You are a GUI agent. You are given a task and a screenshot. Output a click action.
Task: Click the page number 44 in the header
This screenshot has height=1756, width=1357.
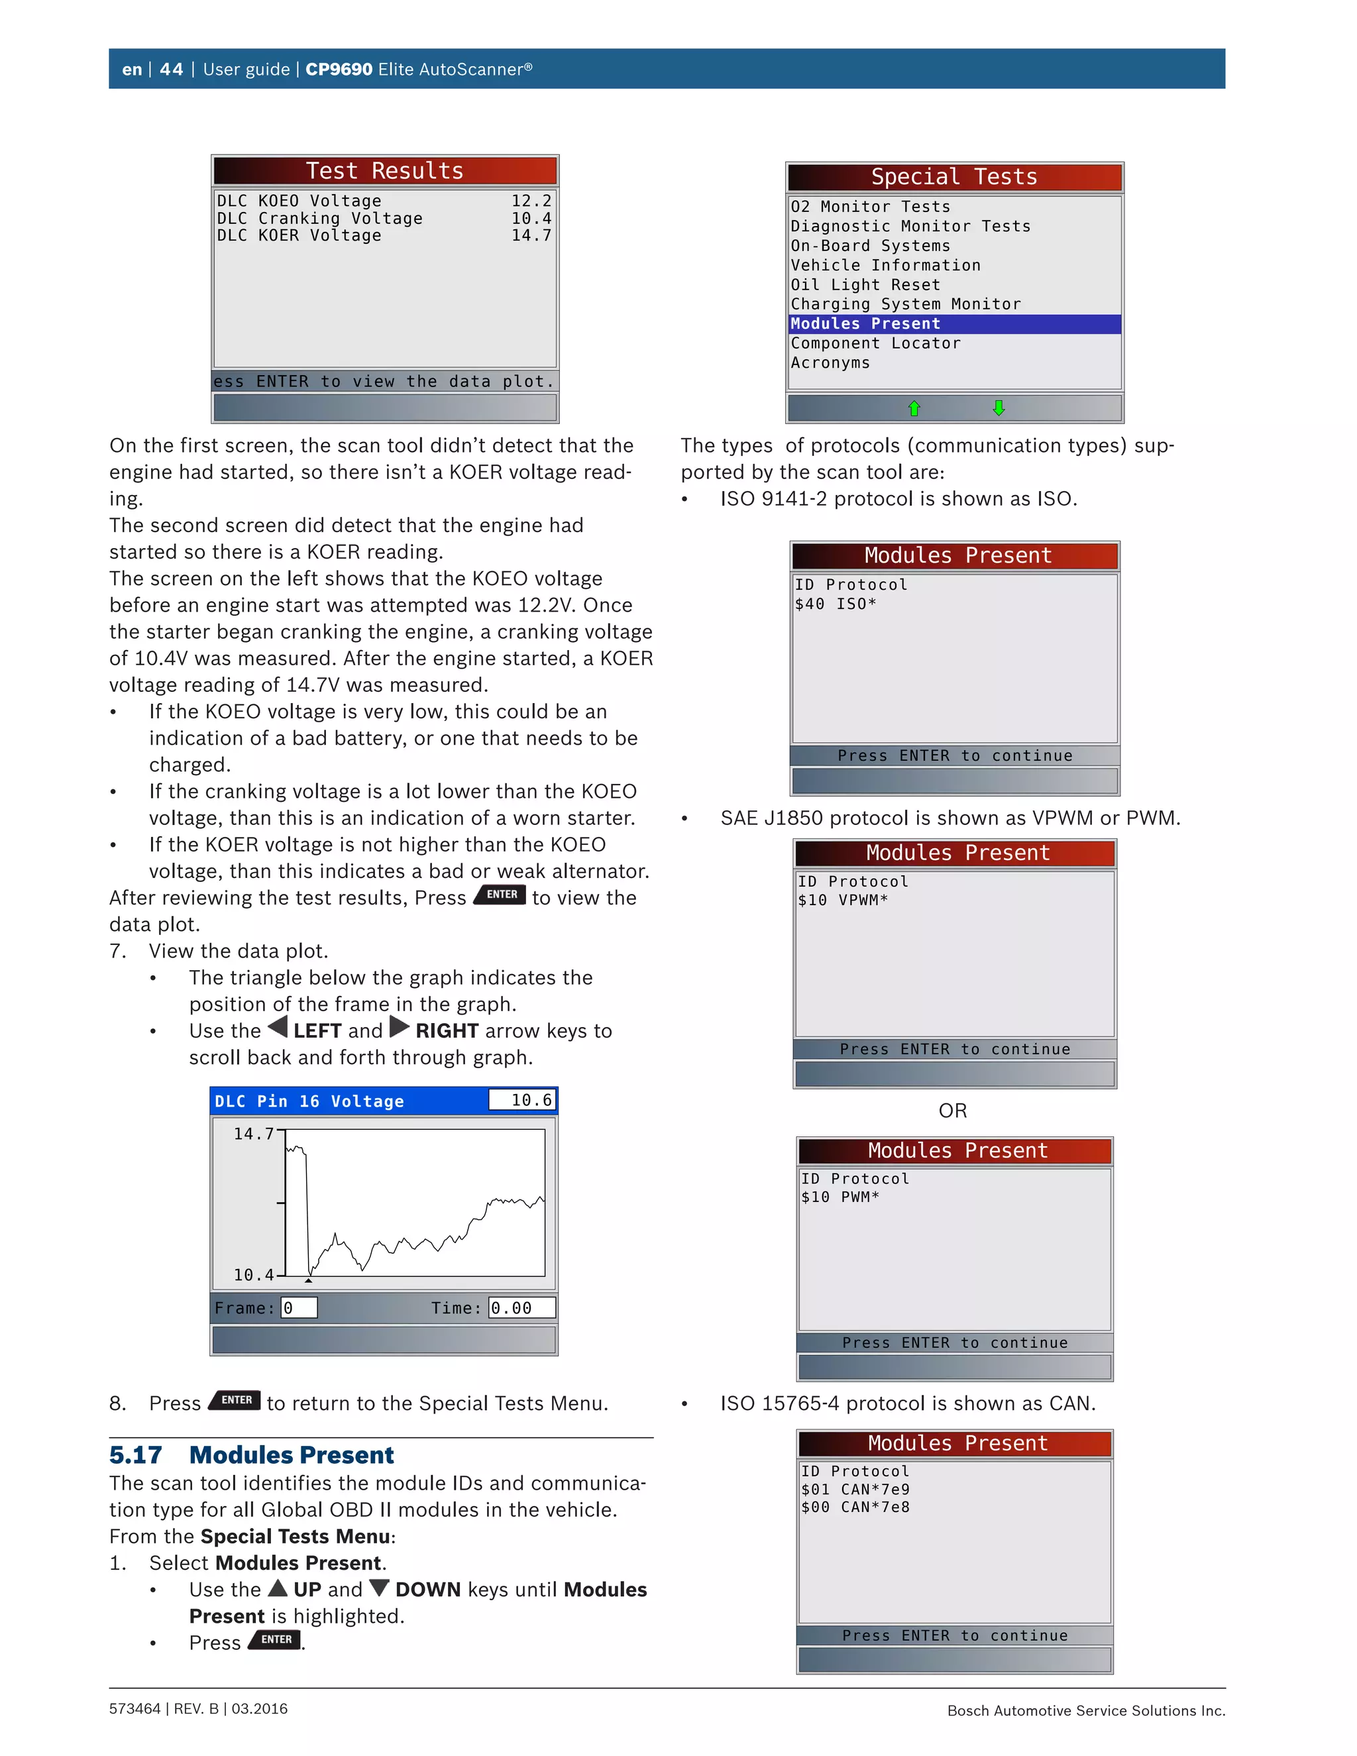click(x=171, y=69)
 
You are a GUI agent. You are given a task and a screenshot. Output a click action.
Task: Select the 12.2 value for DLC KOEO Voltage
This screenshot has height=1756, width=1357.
click(x=531, y=201)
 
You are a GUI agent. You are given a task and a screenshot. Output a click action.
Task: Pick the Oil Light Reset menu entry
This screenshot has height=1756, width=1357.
click(x=865, y=285)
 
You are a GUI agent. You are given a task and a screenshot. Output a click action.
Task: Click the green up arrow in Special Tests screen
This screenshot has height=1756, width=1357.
click(x=914, y=408)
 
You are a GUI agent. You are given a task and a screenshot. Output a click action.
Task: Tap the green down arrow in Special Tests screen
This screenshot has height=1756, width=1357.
click(x=999, y=408)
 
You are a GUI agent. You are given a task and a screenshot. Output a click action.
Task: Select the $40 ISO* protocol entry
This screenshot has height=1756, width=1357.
click(x=836, y=604)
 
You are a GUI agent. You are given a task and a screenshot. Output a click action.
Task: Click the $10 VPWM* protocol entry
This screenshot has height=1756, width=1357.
click(x=843, y=901)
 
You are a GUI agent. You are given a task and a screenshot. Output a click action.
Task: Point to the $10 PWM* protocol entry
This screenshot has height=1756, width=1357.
click(x=840, y=1197)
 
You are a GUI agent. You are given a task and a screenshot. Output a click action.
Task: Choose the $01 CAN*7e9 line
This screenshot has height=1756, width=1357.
click(x=855, y=1489)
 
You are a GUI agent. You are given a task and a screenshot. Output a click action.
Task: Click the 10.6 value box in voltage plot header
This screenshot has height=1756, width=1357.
click(x=521, y=1100)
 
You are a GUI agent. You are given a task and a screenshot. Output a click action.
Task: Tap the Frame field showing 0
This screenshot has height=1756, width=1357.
click(x=298, y=1308)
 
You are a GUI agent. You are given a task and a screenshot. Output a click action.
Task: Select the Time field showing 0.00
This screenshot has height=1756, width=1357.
click(x=521, y=1308)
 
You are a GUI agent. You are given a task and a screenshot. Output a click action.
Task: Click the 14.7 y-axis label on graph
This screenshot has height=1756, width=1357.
click(x=253, y=1134)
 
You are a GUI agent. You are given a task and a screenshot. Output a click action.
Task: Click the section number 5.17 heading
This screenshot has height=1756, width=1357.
click(x=136, y=1455)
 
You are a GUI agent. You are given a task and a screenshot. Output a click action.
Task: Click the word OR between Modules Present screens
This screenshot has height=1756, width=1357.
click(x=953, y=1111)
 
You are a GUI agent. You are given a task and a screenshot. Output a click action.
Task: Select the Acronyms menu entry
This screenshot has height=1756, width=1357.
click(x=830, y=362)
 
